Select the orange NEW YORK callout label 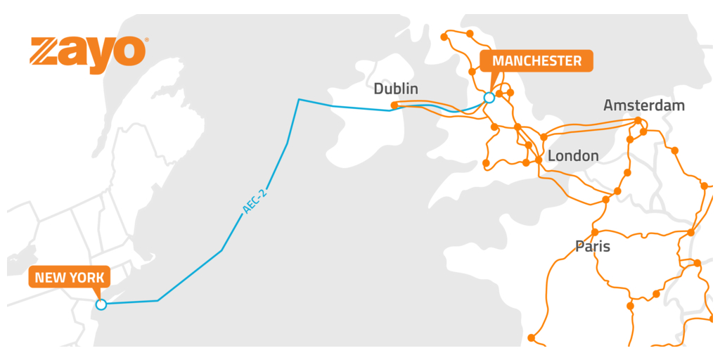(x=69, y=278)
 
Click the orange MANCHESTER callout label (x=536, y=61)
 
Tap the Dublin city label (x=396, y=89)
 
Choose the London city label (x=573, y=155)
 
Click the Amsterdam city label (x=643, y=105)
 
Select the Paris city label (x=592, y=247)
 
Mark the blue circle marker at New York (x=101, y=304)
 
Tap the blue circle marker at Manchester (x=489, y=98)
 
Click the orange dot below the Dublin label (x=394, y=105)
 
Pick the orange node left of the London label (x=539, y=160)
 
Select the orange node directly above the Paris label (x=595, y=232)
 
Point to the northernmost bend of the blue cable (x=299, y=99)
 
